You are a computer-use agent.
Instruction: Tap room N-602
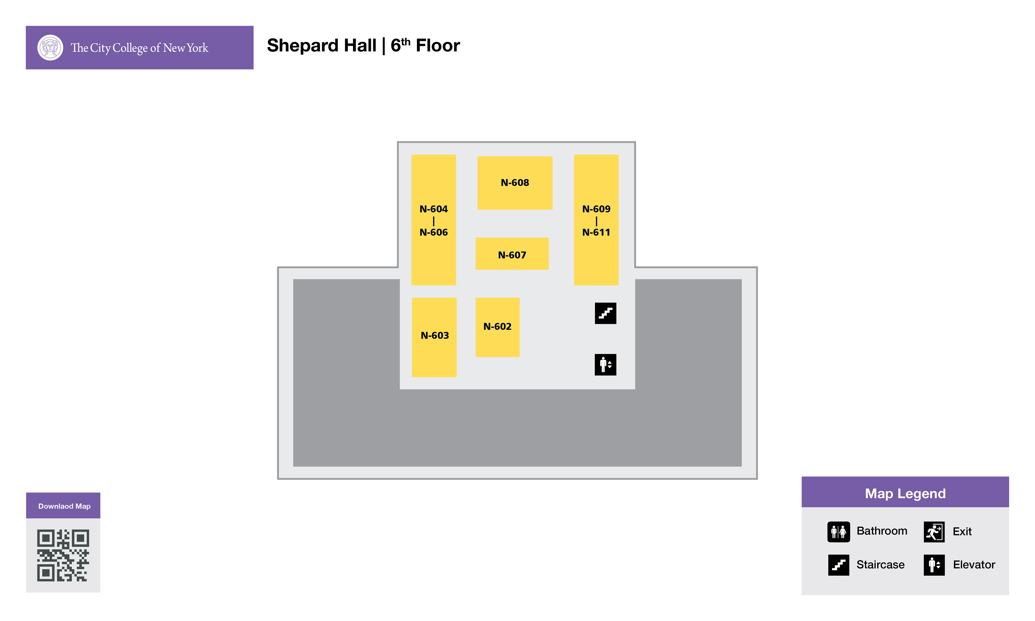497,327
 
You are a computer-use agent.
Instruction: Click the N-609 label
596,209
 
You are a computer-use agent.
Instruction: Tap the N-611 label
596,232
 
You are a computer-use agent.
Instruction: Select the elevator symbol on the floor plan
605,364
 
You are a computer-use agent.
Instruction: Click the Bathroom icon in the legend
838,532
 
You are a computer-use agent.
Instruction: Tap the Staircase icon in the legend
838,565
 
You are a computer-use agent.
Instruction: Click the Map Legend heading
905,493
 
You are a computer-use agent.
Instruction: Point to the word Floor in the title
438,46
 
